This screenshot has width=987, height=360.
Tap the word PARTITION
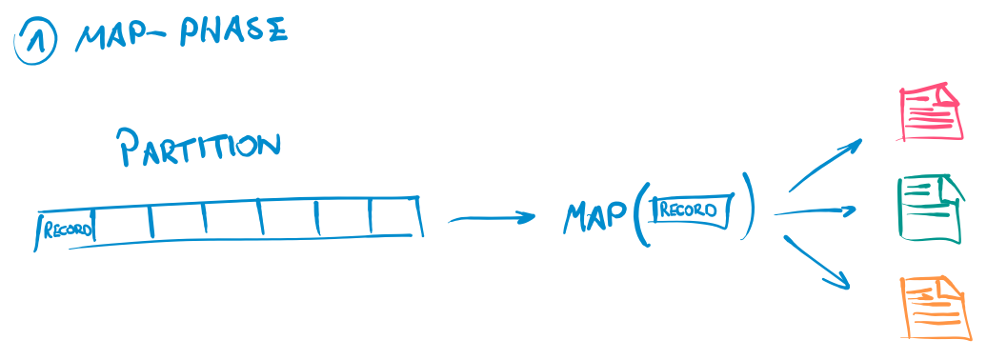198,148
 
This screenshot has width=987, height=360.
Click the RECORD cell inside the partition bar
67,230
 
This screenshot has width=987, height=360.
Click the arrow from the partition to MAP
492,219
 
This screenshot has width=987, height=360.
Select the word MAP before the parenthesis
593,216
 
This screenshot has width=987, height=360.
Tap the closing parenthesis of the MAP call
751,206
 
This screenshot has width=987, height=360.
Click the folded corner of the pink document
950,94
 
